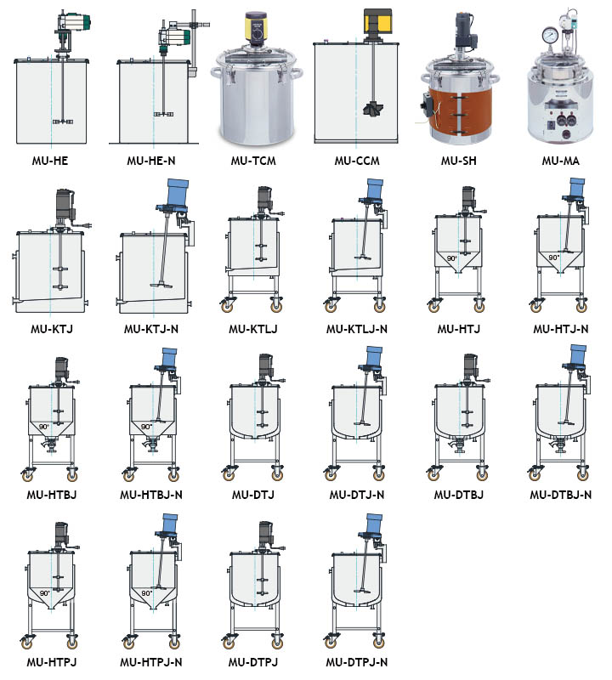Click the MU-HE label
tap(50, 161)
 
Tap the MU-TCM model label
tap(253, 161)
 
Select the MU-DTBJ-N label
tap(560, 495)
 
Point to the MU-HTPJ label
tap(52, 662)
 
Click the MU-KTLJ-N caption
tap(356, 329)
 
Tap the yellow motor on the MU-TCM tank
tap(256, 27)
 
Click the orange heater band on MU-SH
tap(460, 111)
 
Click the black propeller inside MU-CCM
tap(372, 109)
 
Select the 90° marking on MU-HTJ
tap(451, 258)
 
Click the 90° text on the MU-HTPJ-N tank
tap(146, 593)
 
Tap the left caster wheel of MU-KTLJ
tap(227, 305)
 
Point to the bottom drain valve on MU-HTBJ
tap(51, 445)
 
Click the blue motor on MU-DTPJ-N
tap(374, 524)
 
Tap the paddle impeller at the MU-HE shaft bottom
tap(62, 122)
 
